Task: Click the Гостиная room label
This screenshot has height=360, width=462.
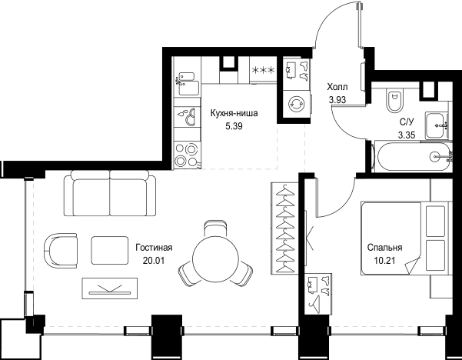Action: (x=154, y=248)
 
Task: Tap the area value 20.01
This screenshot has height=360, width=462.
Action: (x=154, y=261)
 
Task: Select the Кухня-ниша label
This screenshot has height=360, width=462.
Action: (x=234, y=113)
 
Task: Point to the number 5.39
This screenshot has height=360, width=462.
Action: (x=234, y=126)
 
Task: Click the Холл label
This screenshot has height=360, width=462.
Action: (x=337, y=87)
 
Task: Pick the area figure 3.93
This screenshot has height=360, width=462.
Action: (x=337, y=100)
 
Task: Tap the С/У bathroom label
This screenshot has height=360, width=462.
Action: (x=407, y=122)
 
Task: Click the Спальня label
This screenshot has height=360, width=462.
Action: (x=384, y=248)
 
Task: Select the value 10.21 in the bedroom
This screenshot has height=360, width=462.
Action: (x=384, y=261)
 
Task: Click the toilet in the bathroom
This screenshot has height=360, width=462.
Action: (x=394, y=100)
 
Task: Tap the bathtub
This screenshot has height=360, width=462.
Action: (x=412, y=156)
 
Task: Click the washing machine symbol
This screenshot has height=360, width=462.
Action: (x=295, y=104)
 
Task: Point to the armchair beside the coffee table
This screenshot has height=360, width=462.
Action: (x=61, y=251)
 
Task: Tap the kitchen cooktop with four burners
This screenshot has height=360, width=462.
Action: (x=187, y=155)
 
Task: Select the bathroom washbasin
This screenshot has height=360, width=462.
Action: (x=437, y=125)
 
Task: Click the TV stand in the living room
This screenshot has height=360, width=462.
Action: (x=110, y=288)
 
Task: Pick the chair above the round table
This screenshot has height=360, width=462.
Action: (x=215, y=228)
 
